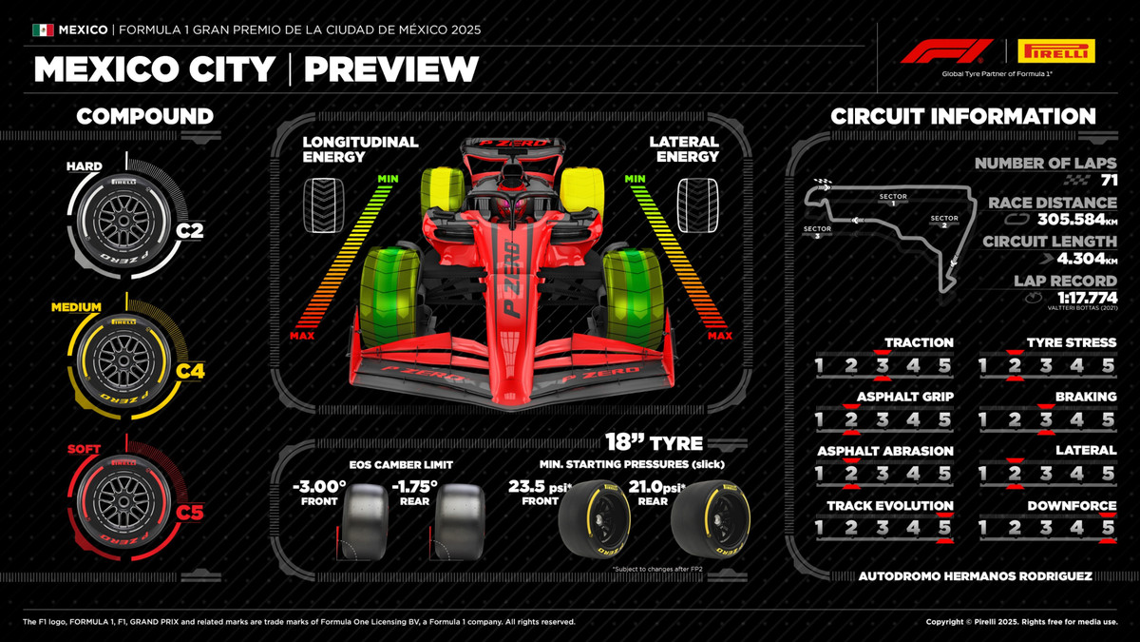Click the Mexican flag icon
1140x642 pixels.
point(43,29)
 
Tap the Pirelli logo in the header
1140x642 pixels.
point(1055,50)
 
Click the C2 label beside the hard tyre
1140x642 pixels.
point(189,229)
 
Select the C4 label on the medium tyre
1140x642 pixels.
point(189,371)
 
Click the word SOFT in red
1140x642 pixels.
point(85,449)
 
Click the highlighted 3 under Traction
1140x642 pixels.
point(882,365)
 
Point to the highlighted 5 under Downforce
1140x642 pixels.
point(1108,527)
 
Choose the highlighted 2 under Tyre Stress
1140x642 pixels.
point(1014,365)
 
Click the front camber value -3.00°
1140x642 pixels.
point(319,488)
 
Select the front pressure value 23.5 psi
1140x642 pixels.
point(533,488)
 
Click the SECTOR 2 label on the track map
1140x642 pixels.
point(944,222)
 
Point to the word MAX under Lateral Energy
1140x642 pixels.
point(719,335)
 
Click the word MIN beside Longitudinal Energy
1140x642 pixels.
point(387,179)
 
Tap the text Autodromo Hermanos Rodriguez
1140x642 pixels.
point(975,575)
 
